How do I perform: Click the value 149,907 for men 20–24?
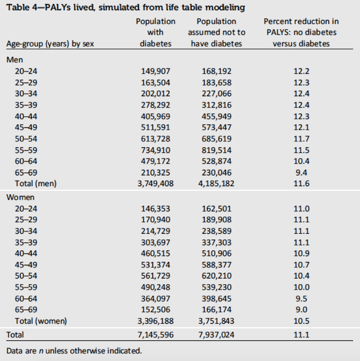(156, 71)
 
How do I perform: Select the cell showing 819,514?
(216, 150)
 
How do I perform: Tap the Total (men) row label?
(36, 183)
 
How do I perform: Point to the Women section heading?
(20, 197)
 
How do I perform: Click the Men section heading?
(14, 60)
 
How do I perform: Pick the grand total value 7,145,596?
(156, 335)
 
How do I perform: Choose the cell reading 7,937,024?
(216, 335)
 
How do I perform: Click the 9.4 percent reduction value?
(301, 172)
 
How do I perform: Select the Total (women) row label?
(41, 321)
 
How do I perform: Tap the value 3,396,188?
(156, 321)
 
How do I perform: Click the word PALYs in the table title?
(58, 7)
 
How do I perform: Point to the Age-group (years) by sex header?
(50, 44)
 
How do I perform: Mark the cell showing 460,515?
(156, 253)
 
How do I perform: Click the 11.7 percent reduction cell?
(301, 139)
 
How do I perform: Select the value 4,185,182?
(216, 183)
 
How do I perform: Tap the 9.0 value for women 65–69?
(301, 309)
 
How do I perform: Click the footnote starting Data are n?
(74, 351)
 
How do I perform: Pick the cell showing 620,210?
(216, 275)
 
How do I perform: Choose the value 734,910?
(156, 150)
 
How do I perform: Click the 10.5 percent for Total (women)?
(301, 321)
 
